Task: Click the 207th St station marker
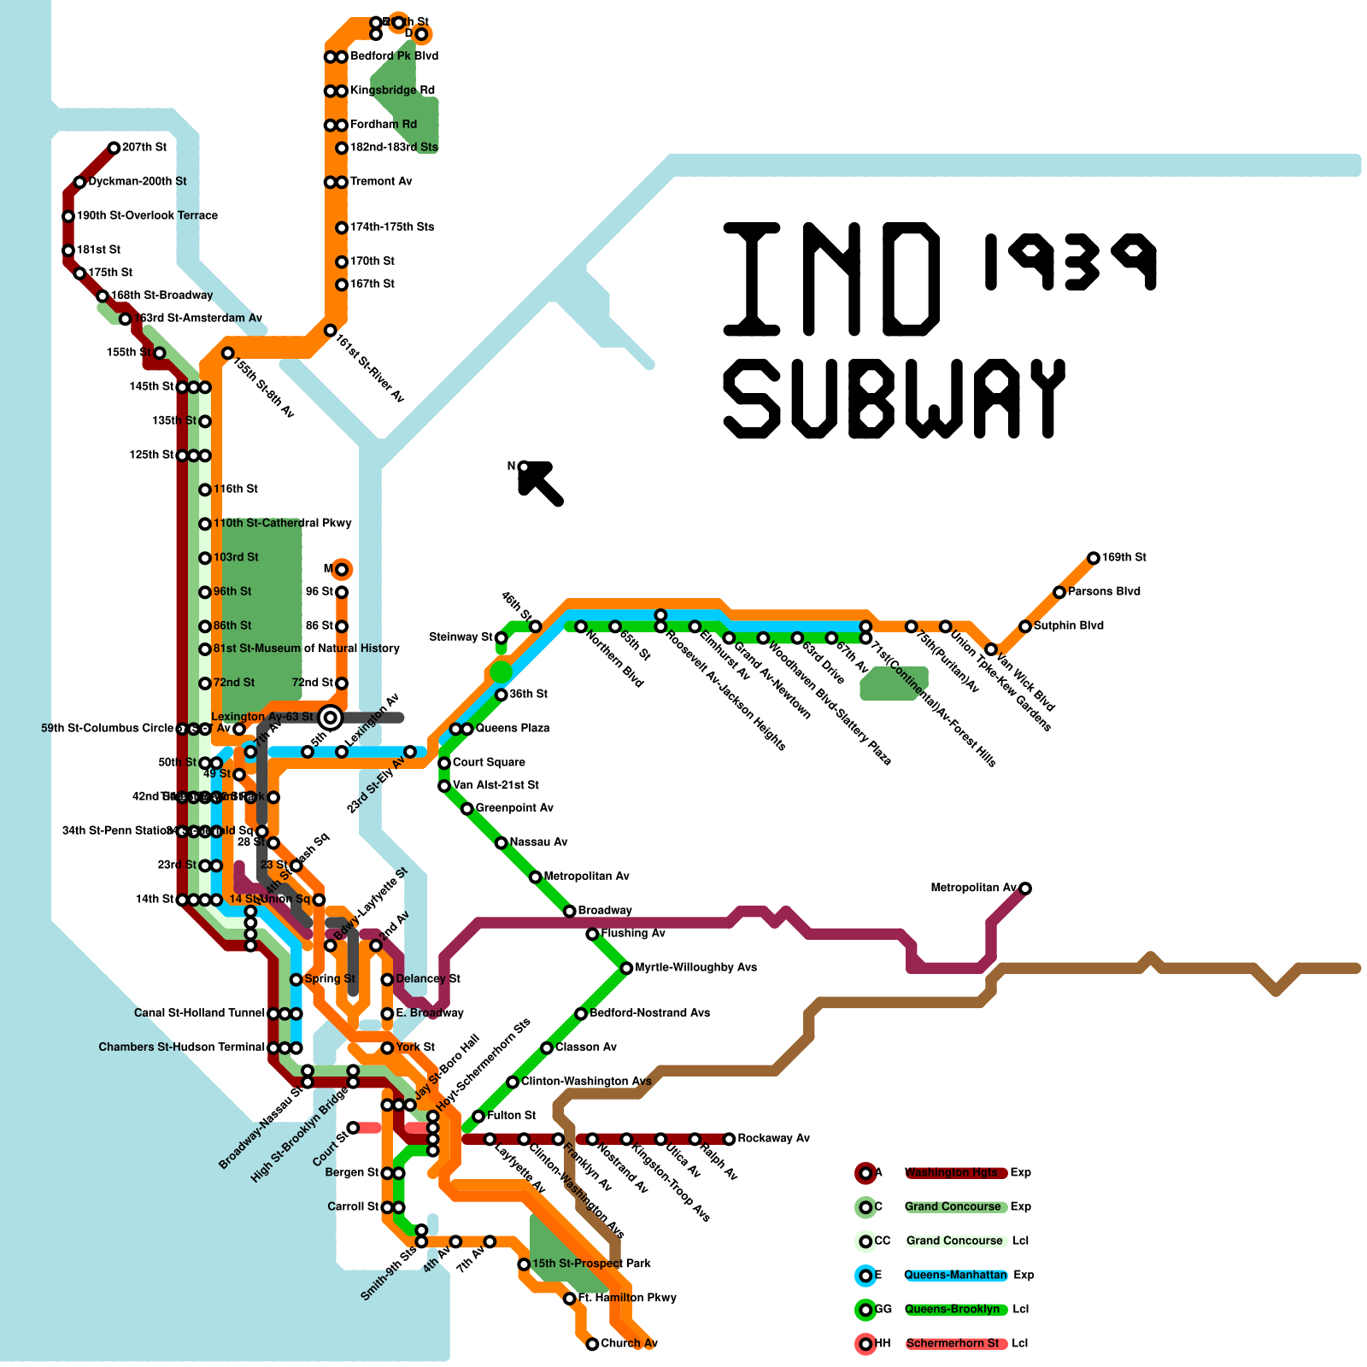coord(114,148)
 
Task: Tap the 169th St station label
coord(1124,557)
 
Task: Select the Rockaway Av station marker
coord(729,1139)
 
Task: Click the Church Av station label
coord(629,1343)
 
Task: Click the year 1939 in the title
coord(1070,261)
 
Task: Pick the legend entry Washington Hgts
coord(951,1172)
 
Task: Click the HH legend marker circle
coord(865,1344)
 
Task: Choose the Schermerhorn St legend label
coord(952,1343)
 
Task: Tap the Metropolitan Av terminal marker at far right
coord(1025,889)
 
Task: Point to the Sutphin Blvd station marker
coord(1025,626)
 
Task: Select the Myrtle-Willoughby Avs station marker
coord(626,968)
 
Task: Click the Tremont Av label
coord(381,181)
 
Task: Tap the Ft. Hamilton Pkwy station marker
coord(570,1299)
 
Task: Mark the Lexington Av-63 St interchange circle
coord(331,718)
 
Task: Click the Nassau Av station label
coord(538,842)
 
